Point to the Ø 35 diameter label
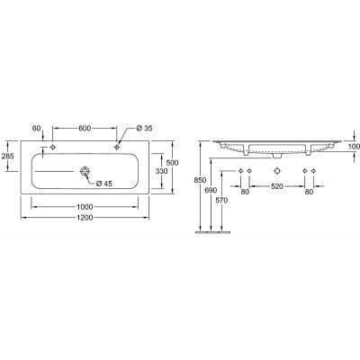[146, 129]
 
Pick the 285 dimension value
[8, 157]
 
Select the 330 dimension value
[162, 170]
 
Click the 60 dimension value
[38, 129]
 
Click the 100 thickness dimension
[352, 146]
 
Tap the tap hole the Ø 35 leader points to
[118, 147]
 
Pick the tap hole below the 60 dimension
[54, 147]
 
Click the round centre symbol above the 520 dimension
[275, 171]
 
